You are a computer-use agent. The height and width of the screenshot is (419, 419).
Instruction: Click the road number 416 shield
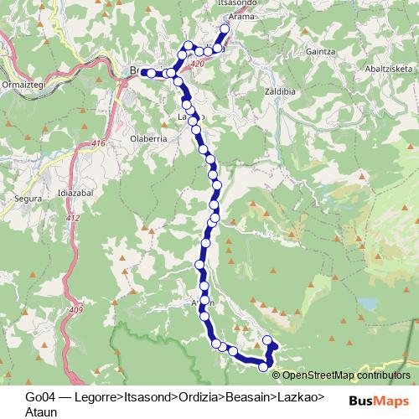pos(99,144)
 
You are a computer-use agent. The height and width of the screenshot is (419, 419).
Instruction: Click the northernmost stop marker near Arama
pos(225,29)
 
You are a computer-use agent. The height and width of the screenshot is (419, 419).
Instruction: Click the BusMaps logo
pos(378,399)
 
